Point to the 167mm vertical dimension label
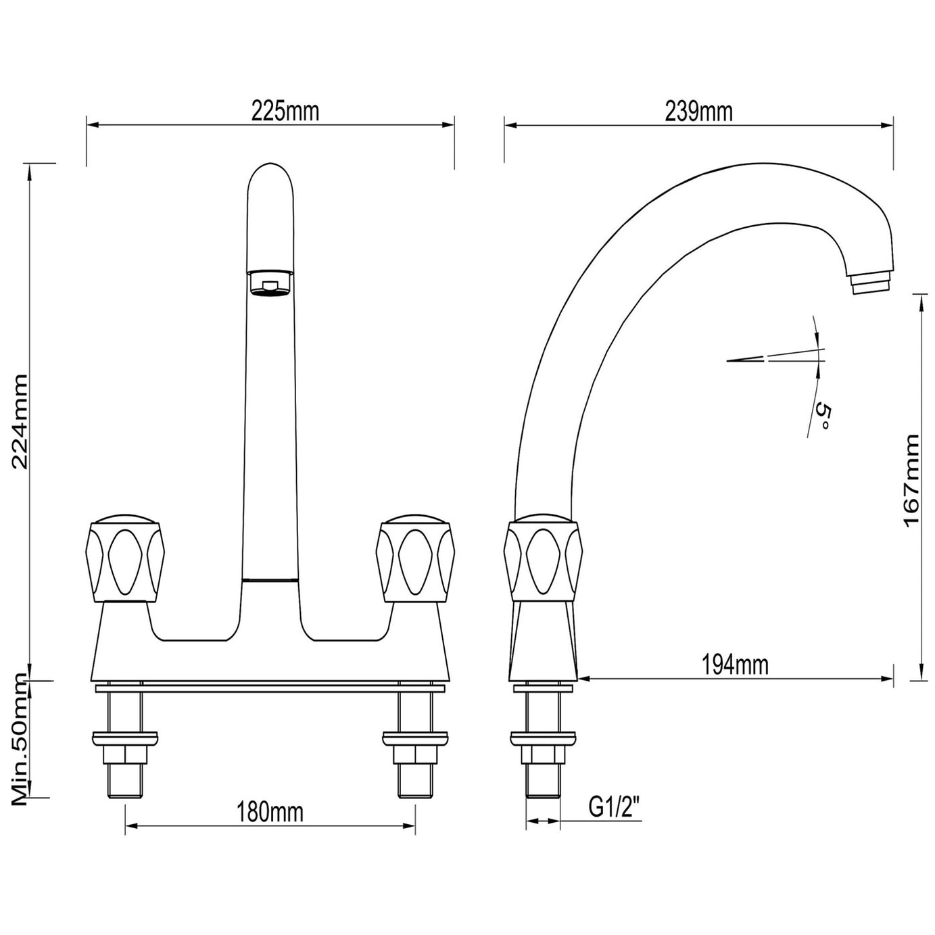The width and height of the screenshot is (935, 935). [x=912, y=481]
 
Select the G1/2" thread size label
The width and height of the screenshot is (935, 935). [x=615, y=807]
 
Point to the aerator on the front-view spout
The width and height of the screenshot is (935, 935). [x=270, y=283]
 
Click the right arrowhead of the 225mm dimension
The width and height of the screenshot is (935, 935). [x=448, y=125]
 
